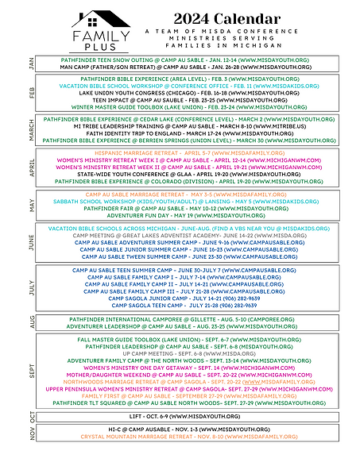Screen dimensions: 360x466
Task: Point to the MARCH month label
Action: pyautogui.click(x=31, y=129)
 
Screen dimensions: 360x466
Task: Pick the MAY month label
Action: pyautogui.click(x=31, y=204)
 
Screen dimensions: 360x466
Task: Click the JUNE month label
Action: pyautogui.click(x=31, y=242)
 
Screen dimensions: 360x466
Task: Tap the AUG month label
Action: pyautogui.click(x=31, y=322)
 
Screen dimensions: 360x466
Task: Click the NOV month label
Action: pyautogui.click(x=31, y=433)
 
